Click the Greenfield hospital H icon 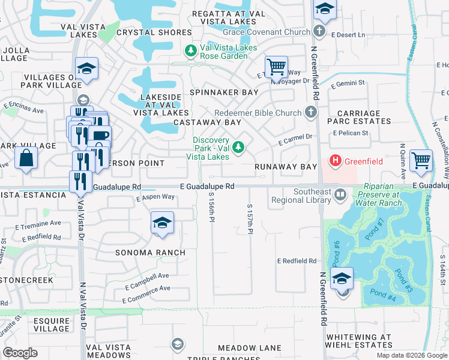(336, 161)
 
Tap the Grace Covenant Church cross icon (319, 31)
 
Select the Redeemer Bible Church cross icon (310, 112)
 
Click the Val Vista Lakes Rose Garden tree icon (191, 51)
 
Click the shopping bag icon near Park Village (26, 158)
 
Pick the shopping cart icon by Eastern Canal (421, 161)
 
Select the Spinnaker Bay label (224, 92)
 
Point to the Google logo (20, 353)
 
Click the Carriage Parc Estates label (359, 117)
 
